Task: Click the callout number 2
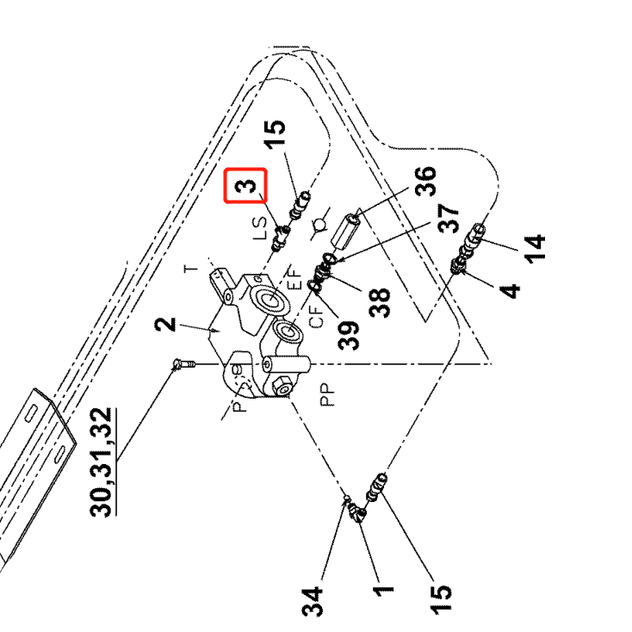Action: coord(167,325)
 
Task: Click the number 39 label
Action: coord(348,334)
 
